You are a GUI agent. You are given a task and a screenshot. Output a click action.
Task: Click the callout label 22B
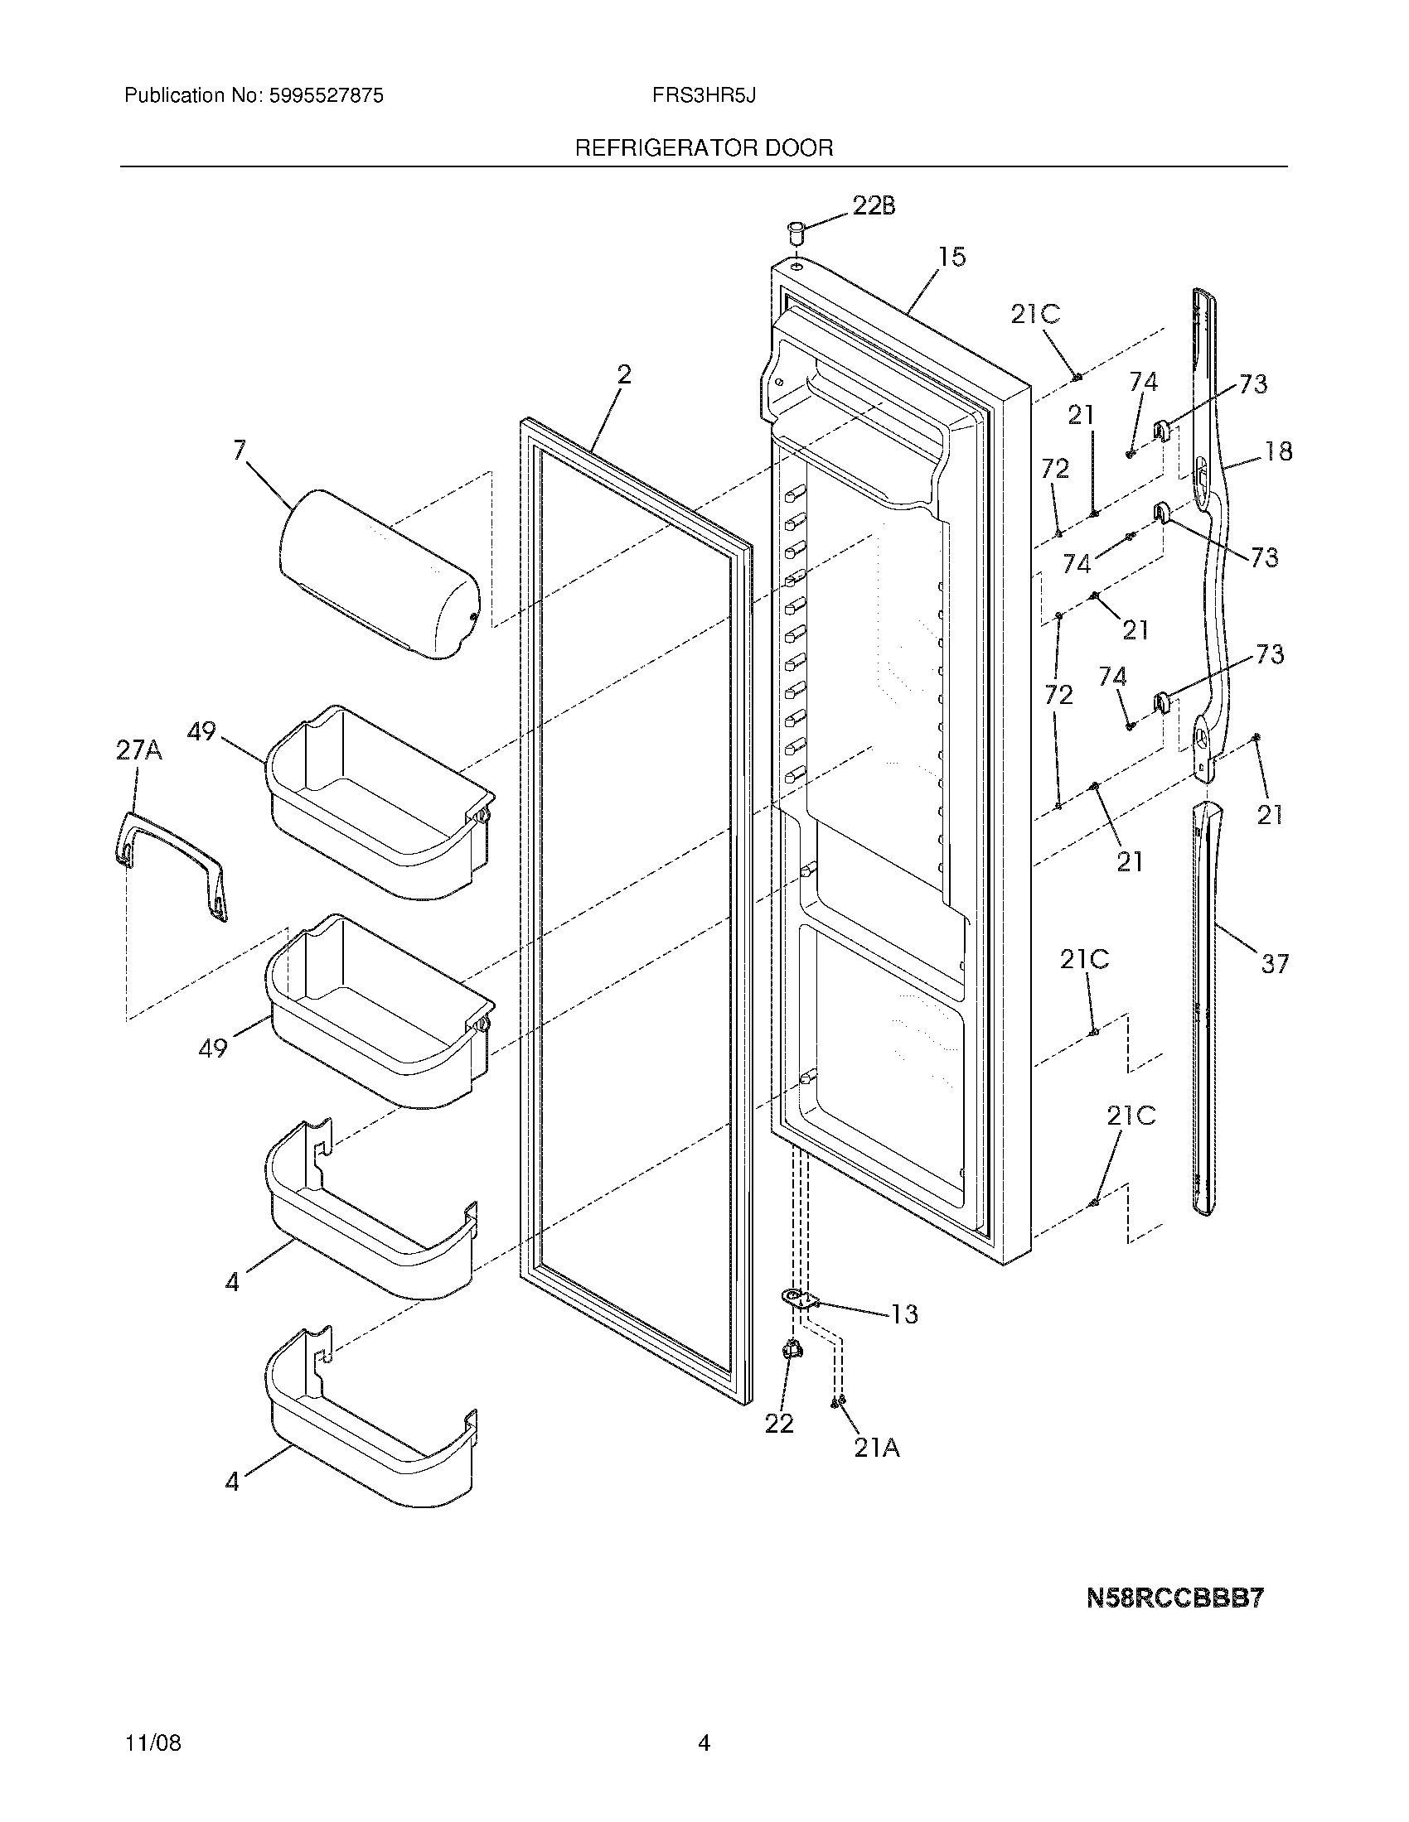[x=873, y=205]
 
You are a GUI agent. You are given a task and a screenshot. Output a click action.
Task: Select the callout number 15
[x=951, y=257]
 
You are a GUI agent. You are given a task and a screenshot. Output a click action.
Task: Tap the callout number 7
[x=240, y=451]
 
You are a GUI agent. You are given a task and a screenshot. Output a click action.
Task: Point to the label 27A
[x=138, y=751]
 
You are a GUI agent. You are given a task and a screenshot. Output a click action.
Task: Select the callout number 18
[x=1277, y=451]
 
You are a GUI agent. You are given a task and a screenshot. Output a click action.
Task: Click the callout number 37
[x=1275, y=964]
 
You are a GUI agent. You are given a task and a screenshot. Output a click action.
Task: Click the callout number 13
[x=904, y=1314]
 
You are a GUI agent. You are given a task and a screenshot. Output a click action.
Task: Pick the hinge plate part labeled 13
[x=798, y=1297]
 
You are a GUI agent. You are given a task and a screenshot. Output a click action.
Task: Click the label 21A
[x=876, y=1449]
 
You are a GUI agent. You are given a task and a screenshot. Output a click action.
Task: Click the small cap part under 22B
[x=796, y=230]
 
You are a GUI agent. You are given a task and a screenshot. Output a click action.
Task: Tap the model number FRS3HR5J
[x=704, y=96]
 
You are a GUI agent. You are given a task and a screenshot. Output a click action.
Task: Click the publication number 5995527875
[x=326, y=96]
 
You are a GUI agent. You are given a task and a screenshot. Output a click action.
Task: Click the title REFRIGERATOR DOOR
[x=704, y=148]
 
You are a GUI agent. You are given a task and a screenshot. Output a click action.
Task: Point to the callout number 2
[x=623, y=374]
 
